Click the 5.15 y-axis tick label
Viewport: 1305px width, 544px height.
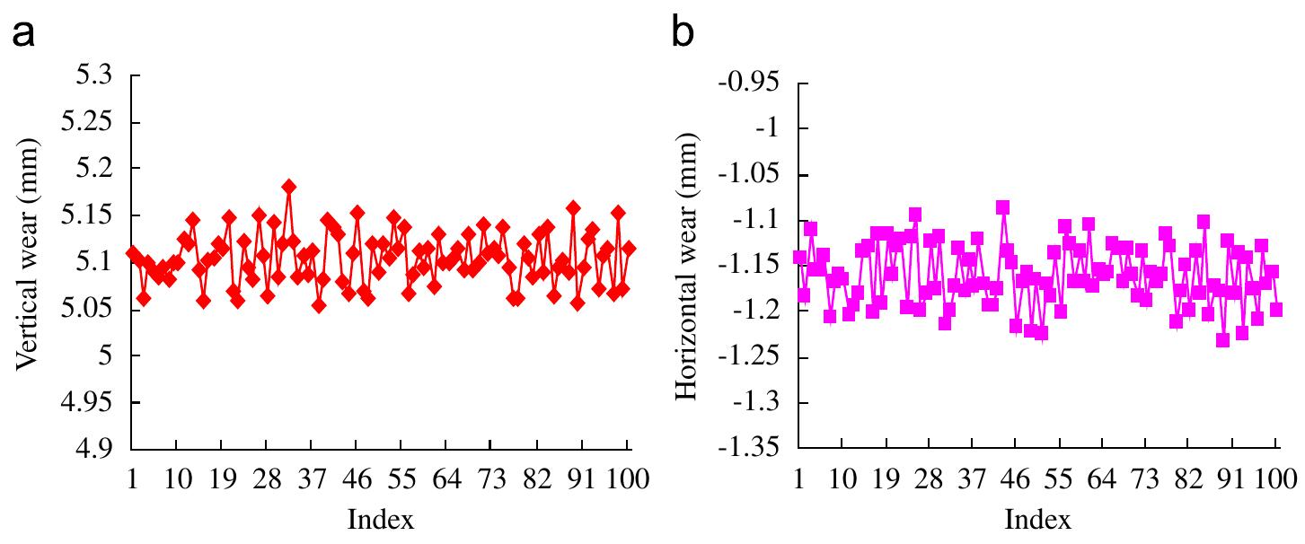[x=87, y=215]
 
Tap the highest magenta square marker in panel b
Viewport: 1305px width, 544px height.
[x=1002, y=207]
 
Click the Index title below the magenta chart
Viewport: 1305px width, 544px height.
[x=1037, y=518]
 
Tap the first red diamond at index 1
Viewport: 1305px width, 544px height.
[x=133, y=253]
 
